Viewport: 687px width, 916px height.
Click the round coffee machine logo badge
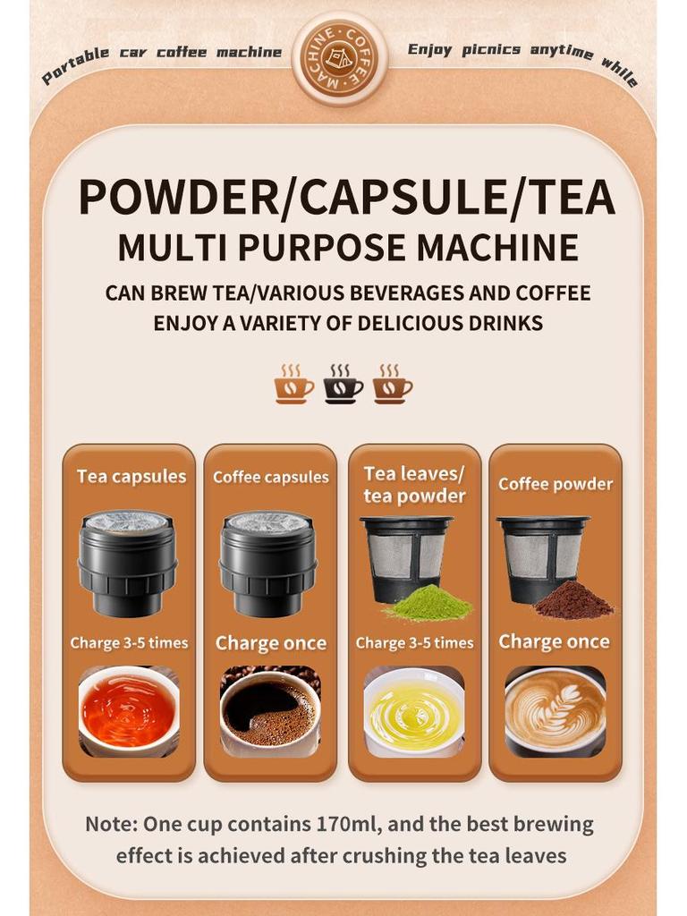click(340, 58)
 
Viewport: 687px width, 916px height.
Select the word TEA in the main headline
click(563, 198)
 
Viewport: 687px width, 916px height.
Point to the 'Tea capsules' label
click(131, 477)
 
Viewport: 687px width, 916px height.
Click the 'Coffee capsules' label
click(271, 478)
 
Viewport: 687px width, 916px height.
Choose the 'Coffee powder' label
click(556, 484)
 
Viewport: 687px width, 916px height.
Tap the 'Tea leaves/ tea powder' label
click(414, 484)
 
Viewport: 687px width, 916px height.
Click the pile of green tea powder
click(428, 606)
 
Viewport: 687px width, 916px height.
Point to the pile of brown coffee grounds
click(573, 601)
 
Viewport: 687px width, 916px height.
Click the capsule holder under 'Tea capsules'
click(128, 564)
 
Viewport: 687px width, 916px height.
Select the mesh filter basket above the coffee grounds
click(543, 555)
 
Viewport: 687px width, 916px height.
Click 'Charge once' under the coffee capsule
click(271, 643)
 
